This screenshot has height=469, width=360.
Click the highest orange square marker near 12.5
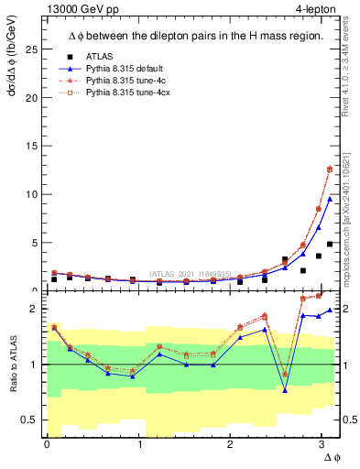click(x=330, y=169)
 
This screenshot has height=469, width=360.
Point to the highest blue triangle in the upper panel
click(x=330, y=199)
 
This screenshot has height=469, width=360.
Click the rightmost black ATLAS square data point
click(x=330, y=244)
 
